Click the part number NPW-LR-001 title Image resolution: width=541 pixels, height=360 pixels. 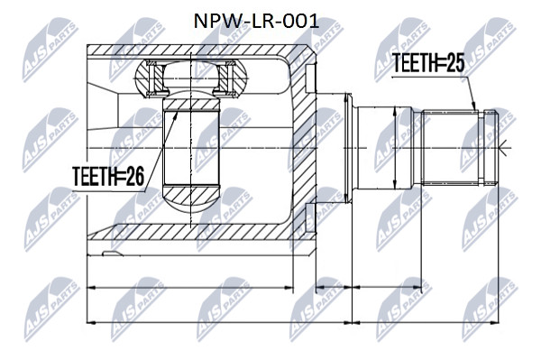click(x=256, y=22)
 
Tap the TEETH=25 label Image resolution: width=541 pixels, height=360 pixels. click(x=428, y=63)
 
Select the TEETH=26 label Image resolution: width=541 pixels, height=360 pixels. click(x=108, y=176)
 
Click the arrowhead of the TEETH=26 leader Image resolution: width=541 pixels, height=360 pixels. click(x=176, y=115)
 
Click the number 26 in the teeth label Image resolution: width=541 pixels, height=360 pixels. click(x=134, y=176)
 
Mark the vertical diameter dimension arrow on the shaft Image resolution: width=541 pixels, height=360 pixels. click(x=394, y=148)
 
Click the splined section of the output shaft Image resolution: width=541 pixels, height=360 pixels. click(x=451, y=148)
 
